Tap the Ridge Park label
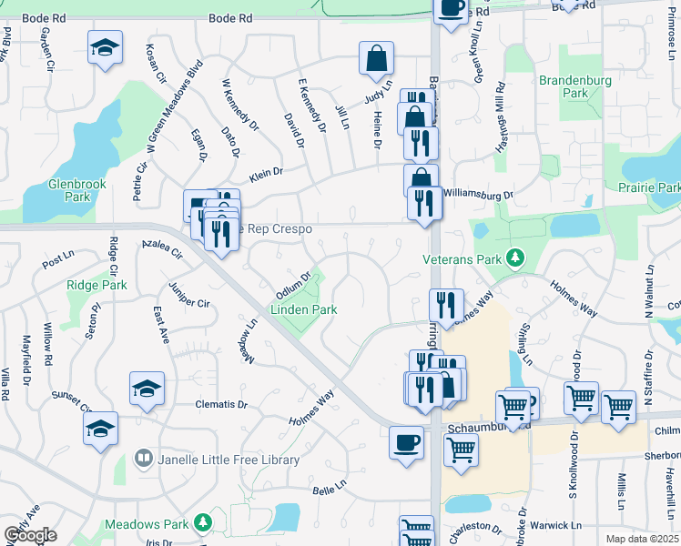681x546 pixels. [x=97, y=285]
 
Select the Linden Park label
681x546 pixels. [x=303, y=309]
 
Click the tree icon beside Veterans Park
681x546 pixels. [x=516, y=259]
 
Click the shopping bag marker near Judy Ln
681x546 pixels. [x=375, y=59]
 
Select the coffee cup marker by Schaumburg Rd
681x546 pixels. [x=405, y=444]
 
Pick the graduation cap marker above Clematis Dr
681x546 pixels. [x=147, y=389]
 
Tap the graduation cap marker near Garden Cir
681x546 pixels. [x=105, y=47]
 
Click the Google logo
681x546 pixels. [x=29, y=535]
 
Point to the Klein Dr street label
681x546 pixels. [x=267, y=171]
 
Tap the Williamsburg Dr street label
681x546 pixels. [x=478, y=194]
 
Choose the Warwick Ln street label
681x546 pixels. [x=556, y=525]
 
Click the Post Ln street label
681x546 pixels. [x=56, y=261]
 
